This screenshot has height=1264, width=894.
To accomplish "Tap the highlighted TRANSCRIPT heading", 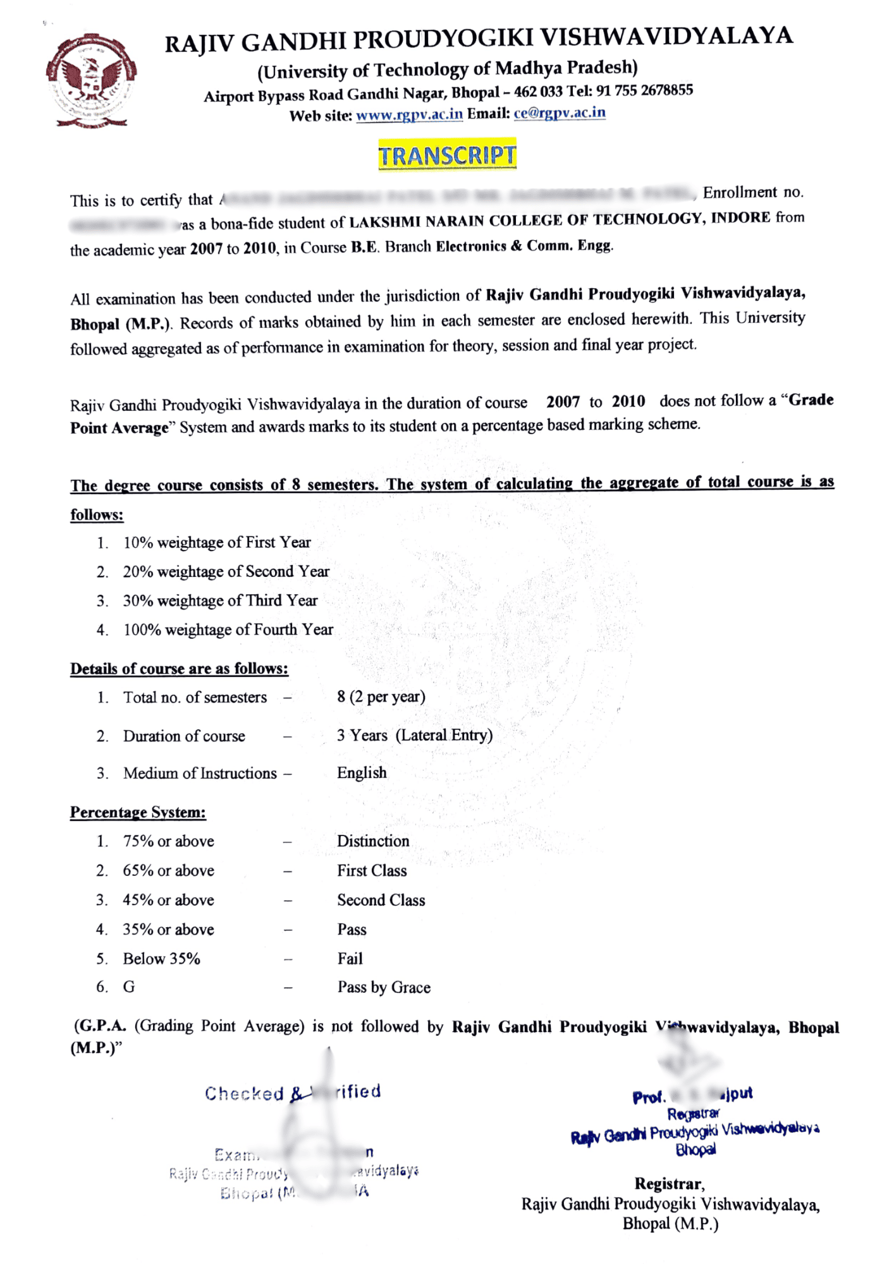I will [x=447, y=155].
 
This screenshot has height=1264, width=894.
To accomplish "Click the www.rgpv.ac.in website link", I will [x=409, y=115].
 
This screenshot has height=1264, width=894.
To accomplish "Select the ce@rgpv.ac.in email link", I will [x=560, y=113].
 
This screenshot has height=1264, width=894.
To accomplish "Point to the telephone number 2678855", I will [x=666, y=90].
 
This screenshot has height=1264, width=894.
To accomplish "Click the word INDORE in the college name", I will [x=740, y=218].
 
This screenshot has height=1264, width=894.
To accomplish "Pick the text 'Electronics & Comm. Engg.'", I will [x=525, y=246].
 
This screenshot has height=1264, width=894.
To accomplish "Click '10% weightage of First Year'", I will [x=217, y=542].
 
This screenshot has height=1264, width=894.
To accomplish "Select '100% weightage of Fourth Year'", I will [x=228, y=629].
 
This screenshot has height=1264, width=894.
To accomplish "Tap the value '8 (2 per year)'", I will [x=381, y=696].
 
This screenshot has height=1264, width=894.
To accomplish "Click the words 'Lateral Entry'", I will [x=444, y=735].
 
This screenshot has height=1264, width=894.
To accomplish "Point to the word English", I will [x=362, y=772].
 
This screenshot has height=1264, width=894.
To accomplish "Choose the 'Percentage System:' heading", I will [x=138, y=812].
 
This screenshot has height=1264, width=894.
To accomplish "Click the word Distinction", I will [x=373, y=841].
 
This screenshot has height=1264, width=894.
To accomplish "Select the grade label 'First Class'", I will [x=372, y=871].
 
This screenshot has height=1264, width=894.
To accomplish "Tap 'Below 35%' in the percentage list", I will [x=161, y=959].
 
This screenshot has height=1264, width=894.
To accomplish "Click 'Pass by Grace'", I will [x=384, y=987].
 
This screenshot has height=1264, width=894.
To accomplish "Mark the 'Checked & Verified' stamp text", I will [x=293, y=1093].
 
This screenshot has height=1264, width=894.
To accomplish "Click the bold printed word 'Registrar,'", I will [x=670, y=1184].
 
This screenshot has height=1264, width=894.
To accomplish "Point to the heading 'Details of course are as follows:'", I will [x=179, y=669].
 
